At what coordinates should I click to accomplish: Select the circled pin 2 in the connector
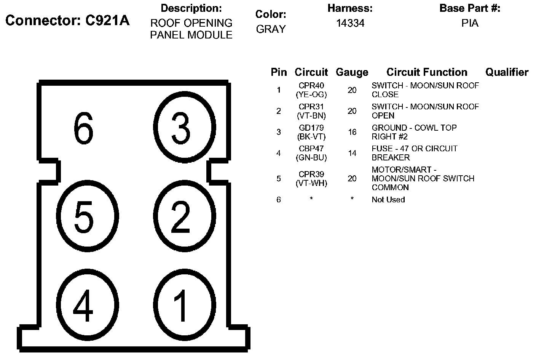click(181, 217)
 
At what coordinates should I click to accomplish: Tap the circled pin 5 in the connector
click(84, 217)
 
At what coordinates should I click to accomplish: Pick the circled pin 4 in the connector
click(84, 305)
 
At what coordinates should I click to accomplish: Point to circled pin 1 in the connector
click(181, 305)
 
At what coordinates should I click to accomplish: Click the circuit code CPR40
click(311, 86)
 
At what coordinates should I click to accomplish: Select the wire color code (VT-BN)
click(311, 115)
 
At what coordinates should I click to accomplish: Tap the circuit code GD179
click(311, 128)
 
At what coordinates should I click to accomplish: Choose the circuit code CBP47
click(311, 149)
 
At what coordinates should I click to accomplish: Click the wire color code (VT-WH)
click(311, 183)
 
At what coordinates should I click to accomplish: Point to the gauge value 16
click(352, 132)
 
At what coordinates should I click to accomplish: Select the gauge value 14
click(352, 153)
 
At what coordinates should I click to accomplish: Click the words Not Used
click(388, 200)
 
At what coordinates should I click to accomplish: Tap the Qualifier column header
click(507, 72)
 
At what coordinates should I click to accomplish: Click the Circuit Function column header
click(427, 72)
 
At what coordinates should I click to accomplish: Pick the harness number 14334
click(350, 23)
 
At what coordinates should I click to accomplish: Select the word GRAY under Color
click(271, 29)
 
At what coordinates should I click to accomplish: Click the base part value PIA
click(470, 23)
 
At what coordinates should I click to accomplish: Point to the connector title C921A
click(107, 20)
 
